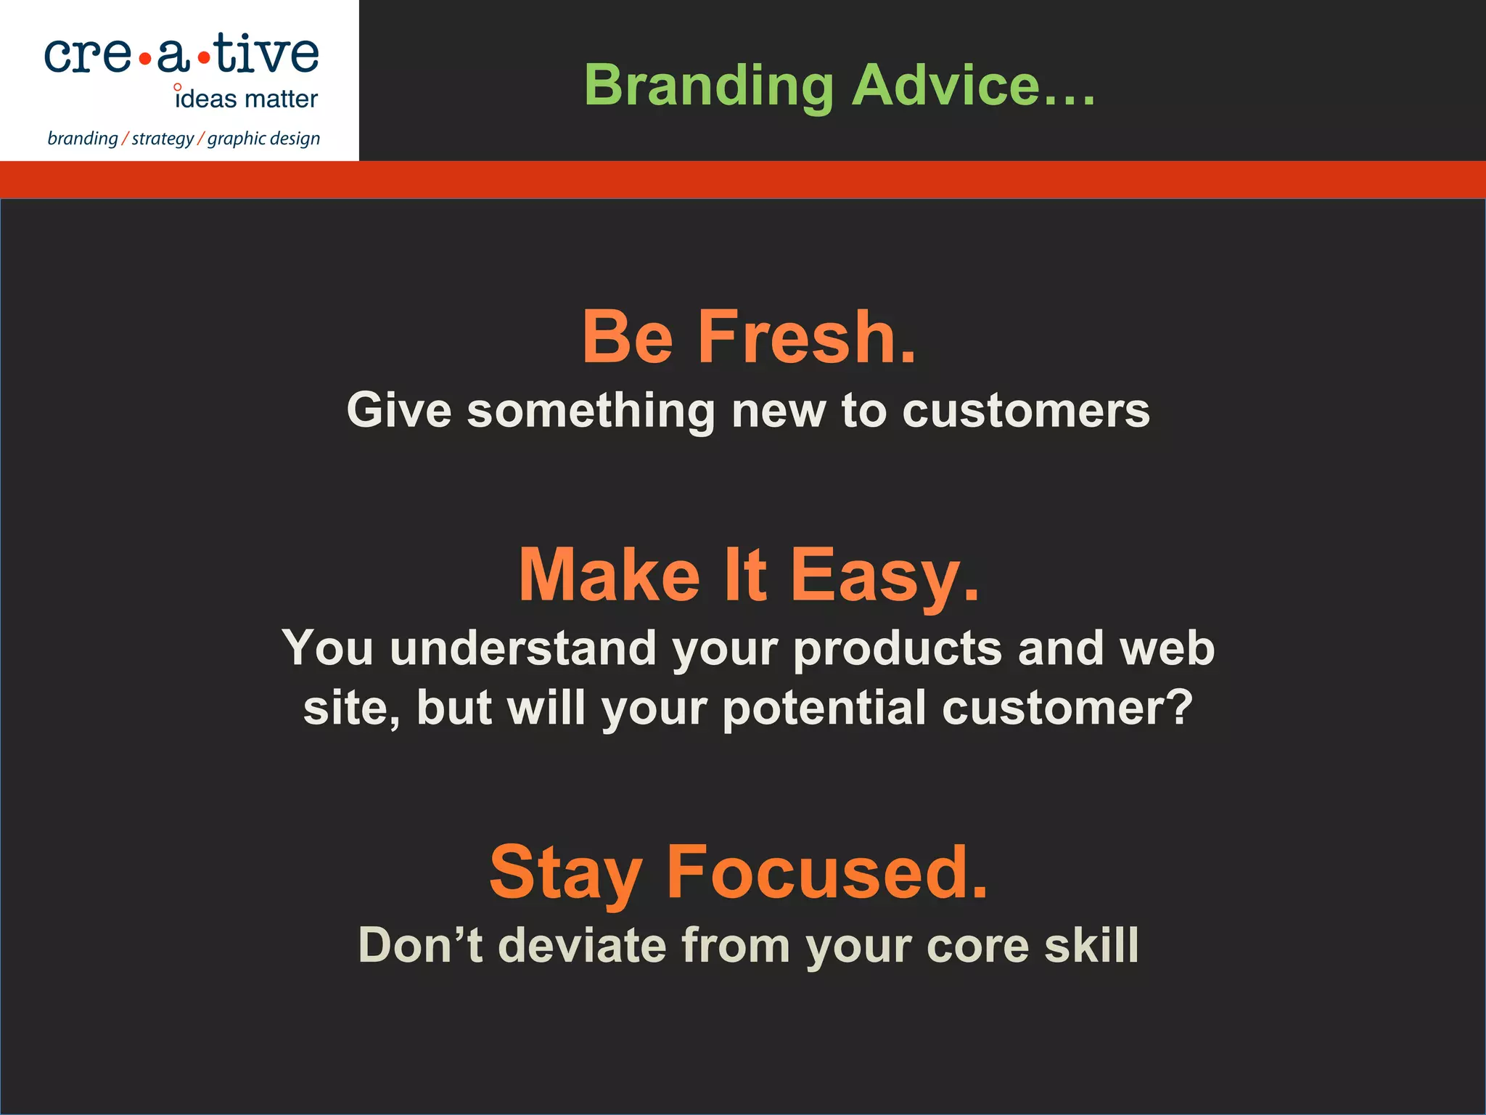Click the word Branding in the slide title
pos(709,86)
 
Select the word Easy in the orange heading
pos(884,575)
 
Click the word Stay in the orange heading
pos(566,873)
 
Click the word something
pos(591,411)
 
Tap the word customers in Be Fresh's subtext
pos(1026,411)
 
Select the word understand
pos(522,648)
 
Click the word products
pos(897,649)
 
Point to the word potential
pos(824,708)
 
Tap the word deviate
pos(582,945)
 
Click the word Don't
pos(421,945)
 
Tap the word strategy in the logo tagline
pos(163,139)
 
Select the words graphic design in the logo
pos(263,139)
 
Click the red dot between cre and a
pos(144,59)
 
